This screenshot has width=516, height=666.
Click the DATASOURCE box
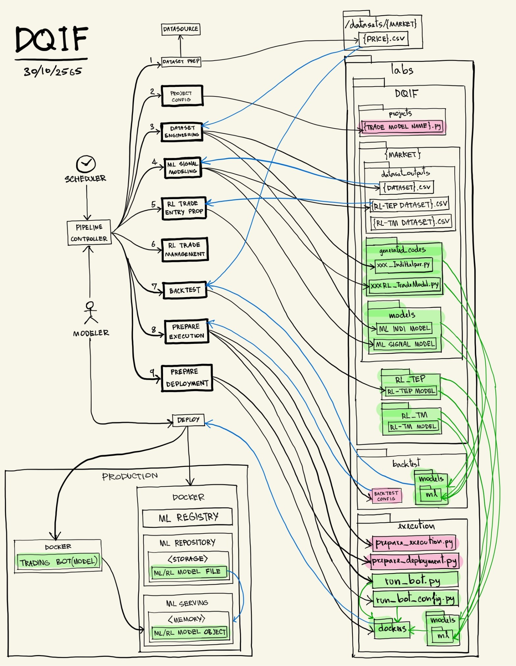pos(180,29)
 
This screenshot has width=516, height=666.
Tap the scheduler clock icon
pos(86,164)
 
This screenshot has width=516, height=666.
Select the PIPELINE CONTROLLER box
pos(89,233)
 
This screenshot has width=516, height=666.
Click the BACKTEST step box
pos(185,290)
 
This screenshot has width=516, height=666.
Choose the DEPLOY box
pos(188,420)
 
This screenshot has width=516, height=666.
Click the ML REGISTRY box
pos(187,517)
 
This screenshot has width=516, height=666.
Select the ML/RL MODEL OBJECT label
pos(189,632)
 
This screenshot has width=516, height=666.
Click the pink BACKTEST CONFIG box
pos(387,496)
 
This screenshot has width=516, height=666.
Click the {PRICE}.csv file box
pos(383,39)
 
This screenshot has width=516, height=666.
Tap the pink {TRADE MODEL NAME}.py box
pos(402,127)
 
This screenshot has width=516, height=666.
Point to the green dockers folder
pos(392,628)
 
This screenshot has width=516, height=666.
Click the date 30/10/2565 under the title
pos(52,71)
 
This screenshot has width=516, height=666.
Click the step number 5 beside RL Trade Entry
pos(153,204)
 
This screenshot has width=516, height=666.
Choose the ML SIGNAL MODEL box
pos(405,344)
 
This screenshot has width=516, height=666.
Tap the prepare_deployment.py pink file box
pos(414,561)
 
